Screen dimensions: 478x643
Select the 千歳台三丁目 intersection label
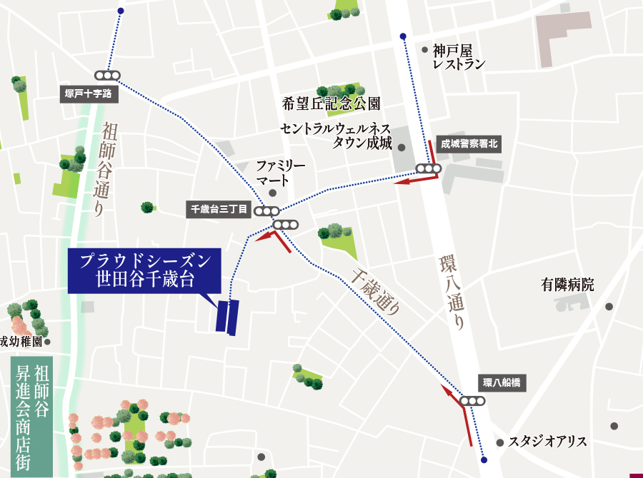point(218,210)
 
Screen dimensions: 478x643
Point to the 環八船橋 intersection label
point(502,383)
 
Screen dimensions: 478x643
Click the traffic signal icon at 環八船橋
point(473,402)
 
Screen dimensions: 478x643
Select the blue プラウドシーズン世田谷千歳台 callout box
point(145,270)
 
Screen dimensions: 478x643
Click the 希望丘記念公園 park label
point(332,104)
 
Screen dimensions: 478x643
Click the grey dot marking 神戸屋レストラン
point(425,50)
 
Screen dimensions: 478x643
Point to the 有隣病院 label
point(568,285)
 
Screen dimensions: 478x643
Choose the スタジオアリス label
point(547,442)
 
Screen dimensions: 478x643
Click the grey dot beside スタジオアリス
point(500,442)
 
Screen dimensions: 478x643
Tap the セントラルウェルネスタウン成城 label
point(336,135)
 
